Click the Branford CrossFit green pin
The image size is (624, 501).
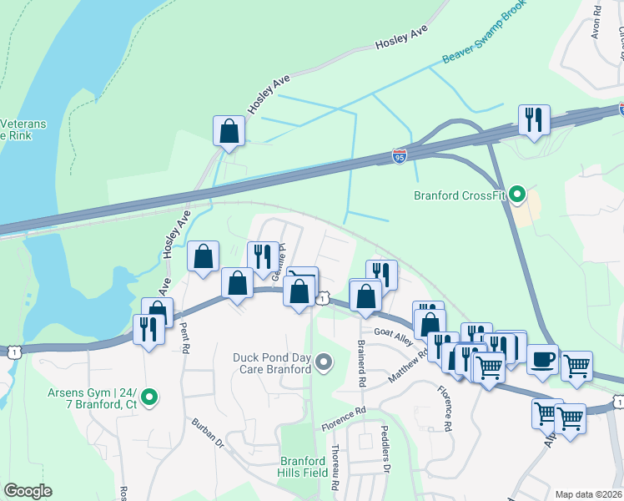point(517,196)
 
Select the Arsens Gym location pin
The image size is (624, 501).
point(149,397)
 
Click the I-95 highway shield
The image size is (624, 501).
point(400,156)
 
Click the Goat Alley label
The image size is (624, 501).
point(393,332)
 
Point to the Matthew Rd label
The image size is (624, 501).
point(408,367)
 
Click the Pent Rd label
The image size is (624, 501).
point(186,339)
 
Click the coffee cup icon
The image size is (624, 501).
point(542,359)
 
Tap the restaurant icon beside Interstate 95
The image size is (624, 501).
point(531,119)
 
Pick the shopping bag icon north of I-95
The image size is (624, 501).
point(229,131)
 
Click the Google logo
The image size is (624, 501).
point(28,491)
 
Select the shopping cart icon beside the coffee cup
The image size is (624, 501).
point(576,365)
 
